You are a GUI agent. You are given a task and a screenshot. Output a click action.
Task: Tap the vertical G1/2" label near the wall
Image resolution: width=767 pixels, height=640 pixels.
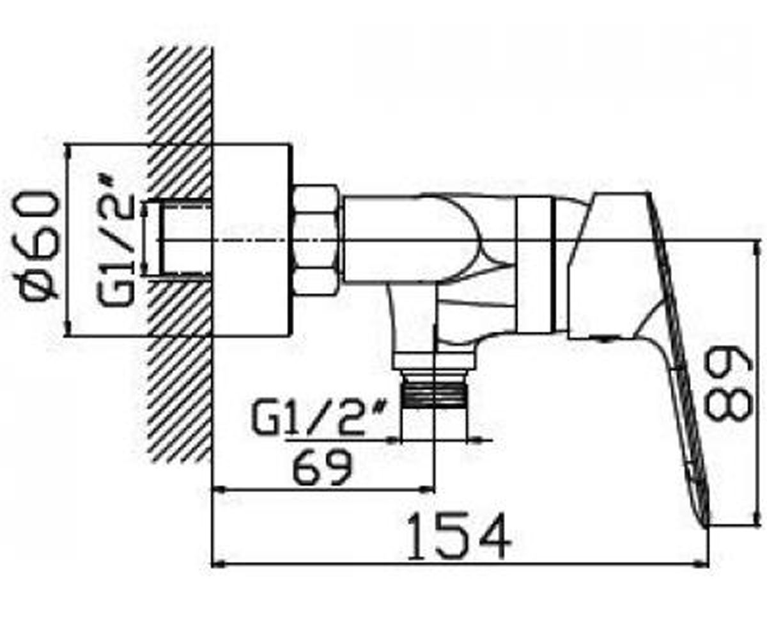(x=115, y=243)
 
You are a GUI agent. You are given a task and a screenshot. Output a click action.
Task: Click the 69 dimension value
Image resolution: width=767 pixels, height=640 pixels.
(x=323, y=468)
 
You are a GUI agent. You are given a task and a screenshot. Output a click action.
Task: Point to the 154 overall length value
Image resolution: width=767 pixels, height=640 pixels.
(x=459, y=537)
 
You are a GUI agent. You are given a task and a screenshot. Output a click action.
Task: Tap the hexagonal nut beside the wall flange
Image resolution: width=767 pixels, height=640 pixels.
(x=316, y=240)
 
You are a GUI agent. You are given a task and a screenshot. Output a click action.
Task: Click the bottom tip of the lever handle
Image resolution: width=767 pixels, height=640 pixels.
(x=706, y=527)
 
